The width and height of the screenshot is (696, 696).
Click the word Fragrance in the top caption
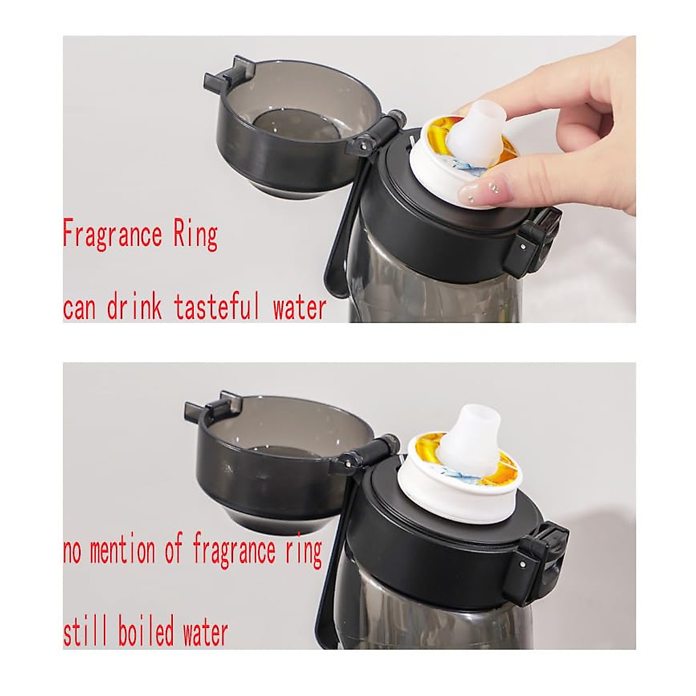point(113,235)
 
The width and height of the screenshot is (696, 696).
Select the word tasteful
point(217,308)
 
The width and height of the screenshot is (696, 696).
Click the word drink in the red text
point(134,308)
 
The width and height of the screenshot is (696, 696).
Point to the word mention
point(122,552)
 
